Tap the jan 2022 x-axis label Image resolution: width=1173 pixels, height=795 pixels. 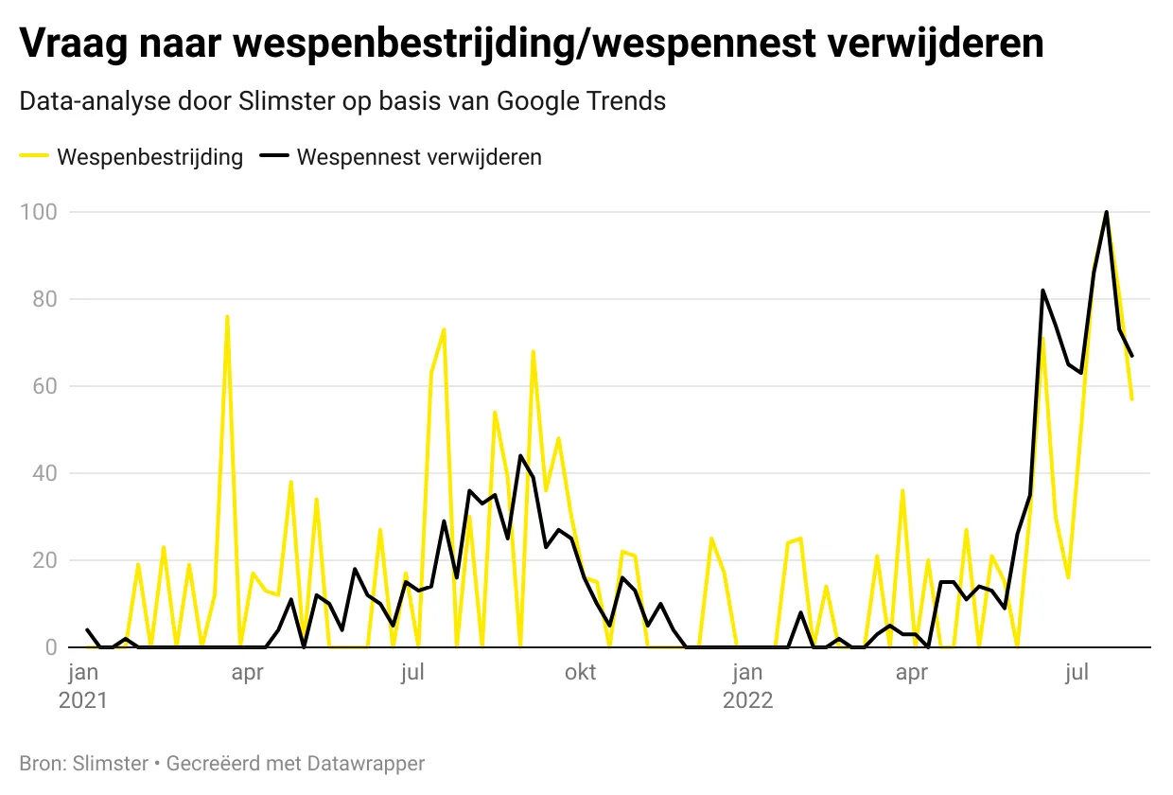coord(747,687)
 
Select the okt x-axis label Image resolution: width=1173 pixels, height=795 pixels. coord(581,673)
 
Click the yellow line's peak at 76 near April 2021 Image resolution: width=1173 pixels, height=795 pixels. coord(227,316)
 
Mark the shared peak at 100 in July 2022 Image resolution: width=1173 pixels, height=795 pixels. coord(1106,212)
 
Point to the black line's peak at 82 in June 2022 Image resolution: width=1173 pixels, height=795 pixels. coord(1042,291)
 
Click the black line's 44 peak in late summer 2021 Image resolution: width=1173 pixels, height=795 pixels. coord(520,455)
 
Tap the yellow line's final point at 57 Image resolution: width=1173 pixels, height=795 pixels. coord(1131,399)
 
